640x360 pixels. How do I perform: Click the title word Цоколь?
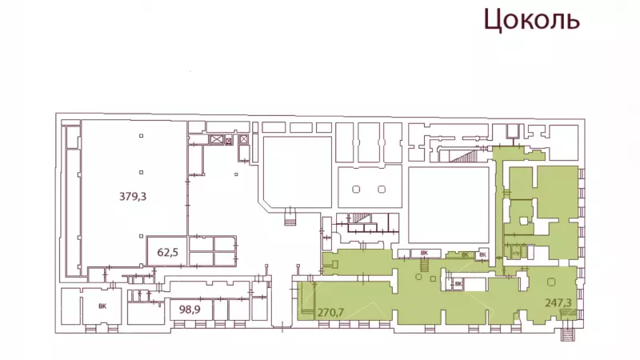[531, 19]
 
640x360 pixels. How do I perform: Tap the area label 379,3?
[133, 197]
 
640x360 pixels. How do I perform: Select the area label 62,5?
[167, 252]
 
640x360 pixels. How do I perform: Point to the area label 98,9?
[190, 310]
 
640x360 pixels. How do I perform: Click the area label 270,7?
[330, 313]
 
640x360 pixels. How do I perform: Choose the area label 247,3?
[558, 303]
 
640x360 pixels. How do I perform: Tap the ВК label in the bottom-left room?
[102, 306]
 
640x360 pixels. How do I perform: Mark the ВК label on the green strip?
[465, 255]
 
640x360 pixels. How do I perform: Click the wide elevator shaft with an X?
[216, 139]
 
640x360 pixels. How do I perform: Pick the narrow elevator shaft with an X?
[244, 139]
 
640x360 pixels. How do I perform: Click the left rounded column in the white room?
[356, 190]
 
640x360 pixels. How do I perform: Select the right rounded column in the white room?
[382, 190]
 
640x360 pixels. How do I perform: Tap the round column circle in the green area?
[418, 277]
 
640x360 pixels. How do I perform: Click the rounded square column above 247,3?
[551, 282]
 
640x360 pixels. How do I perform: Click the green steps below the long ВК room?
[425, 266]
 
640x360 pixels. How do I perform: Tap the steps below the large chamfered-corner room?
[290, 222]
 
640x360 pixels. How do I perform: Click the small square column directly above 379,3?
[142, 172]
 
